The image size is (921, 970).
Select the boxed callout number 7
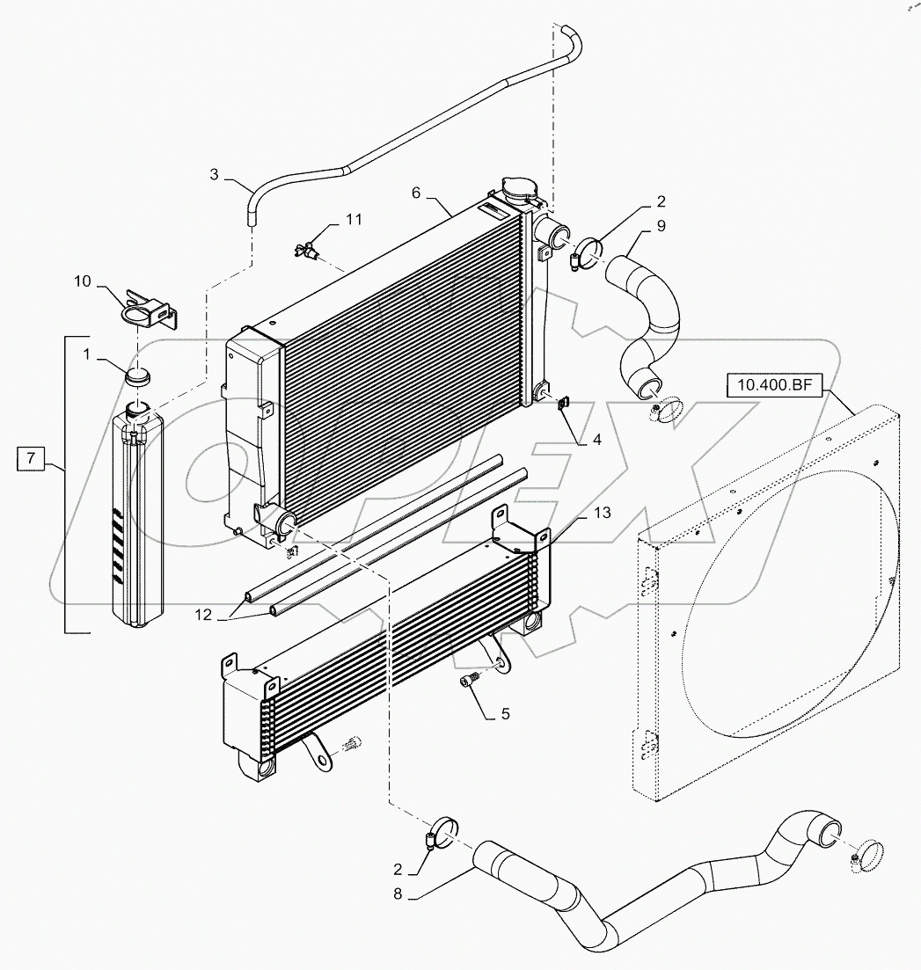coord(31,457)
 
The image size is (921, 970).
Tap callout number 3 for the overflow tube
coord(214,175)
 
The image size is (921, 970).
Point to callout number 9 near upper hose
coord(660,226)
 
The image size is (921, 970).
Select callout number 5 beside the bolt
coord(505,714)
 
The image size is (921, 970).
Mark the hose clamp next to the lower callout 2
coord(442,831)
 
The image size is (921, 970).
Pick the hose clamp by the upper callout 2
coord(588,251)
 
